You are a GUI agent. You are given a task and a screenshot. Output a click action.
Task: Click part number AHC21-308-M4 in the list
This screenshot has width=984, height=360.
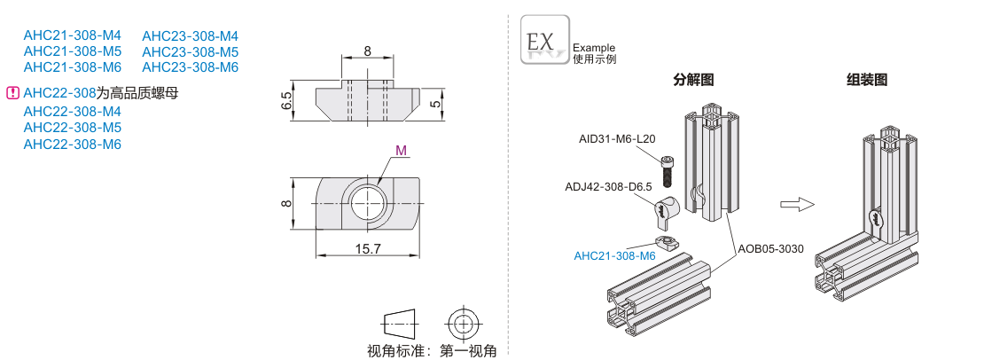[x=72, y=35]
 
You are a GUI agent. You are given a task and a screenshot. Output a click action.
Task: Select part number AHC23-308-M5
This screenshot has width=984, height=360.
[x=190, y=51]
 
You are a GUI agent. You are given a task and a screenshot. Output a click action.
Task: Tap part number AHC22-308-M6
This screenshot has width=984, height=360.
[x=72, y=144]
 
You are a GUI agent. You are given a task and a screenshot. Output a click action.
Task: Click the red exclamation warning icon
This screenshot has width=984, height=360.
[x=12, y=92]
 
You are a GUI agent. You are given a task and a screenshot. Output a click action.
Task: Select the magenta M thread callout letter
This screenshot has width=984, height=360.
[x=401, y=150]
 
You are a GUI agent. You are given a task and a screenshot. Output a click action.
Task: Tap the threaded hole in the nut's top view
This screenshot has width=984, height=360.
[x=366, y=203]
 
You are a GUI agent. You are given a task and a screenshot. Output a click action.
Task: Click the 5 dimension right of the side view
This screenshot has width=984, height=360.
[x=434, y=104]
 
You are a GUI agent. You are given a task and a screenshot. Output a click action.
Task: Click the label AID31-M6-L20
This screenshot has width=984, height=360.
[x=617, y=138]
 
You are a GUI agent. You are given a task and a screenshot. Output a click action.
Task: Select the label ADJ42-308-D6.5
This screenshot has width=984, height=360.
[x=608, y=187]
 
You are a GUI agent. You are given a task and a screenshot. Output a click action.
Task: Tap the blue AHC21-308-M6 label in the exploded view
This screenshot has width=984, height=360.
[x=614, y=256]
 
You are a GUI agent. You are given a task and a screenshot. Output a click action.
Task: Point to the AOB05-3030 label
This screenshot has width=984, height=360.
[x=770, y=248]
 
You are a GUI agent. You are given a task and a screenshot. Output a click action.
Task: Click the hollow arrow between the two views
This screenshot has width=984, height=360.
[x=797, y=204]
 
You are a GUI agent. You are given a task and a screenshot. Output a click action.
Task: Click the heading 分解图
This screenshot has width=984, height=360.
[x=693, y=80]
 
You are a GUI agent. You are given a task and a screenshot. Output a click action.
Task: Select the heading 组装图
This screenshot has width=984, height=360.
[x=866, y=80]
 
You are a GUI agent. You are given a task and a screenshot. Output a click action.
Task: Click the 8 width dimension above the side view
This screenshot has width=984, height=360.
[x=367, y=51]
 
